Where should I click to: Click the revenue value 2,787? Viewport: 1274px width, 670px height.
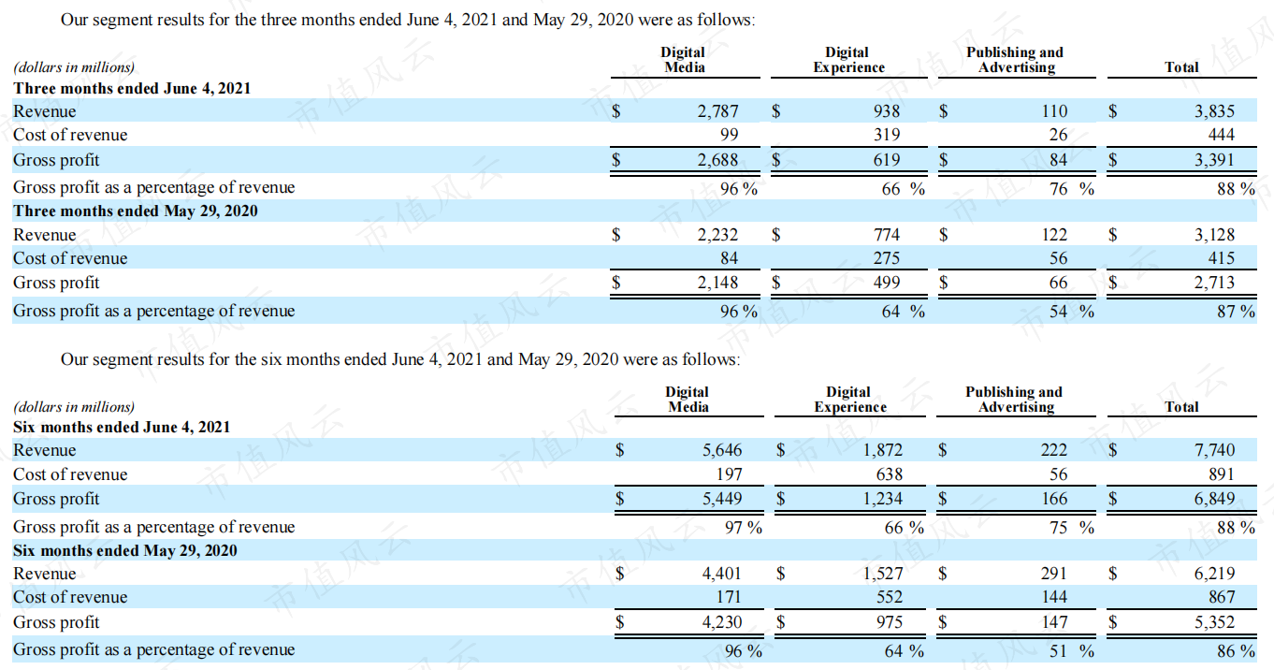pos(717,111)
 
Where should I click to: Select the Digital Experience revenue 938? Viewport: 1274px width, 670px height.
pos(887,111)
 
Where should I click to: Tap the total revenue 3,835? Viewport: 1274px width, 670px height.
pos(1214,111)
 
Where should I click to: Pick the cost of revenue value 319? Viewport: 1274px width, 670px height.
pos(887,135)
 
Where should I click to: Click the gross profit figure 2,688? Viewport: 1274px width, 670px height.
pos(717,160)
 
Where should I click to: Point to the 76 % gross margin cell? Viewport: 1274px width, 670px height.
pos(1072,188)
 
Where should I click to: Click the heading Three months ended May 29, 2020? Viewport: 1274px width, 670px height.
pos(136,211)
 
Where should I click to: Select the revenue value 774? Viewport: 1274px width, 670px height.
pos(887,235)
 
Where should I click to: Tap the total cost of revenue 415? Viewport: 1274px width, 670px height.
pos(1221,258)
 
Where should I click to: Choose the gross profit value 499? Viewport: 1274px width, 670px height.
pos(887,283)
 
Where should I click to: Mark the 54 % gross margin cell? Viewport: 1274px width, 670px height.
pos(1072,311)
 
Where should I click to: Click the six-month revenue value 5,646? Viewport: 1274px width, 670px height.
pos(722,450)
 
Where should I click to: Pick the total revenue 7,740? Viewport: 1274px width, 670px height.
pos(1214,450)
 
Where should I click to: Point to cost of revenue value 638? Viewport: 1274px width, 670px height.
pos(889,474)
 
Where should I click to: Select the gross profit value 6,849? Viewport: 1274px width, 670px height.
pos(1214,499)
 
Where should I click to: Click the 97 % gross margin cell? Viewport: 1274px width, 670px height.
pos(743,527)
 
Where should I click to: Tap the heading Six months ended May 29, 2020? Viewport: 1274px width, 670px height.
pos(125,550)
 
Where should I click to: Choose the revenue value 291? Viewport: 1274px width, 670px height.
pos(1054,574)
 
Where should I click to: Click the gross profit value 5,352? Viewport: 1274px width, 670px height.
pos(1214,622)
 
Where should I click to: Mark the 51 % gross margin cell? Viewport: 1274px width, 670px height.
pos(1072,650)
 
